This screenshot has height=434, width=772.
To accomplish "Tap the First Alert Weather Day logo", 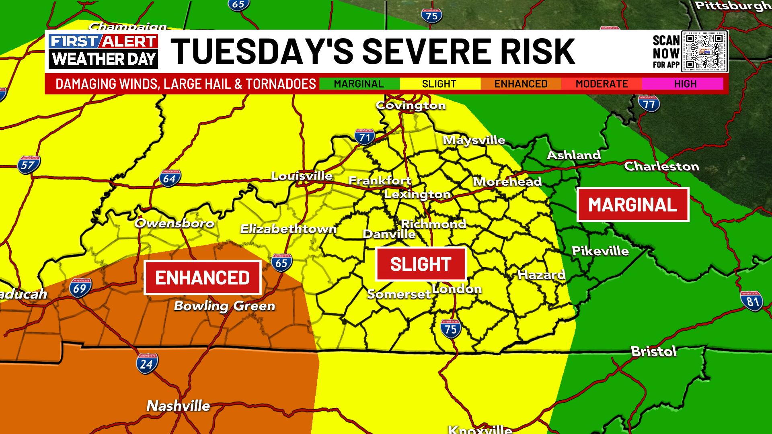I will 103,51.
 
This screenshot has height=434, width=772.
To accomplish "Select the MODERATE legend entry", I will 602,84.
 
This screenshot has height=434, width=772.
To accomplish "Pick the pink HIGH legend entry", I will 685,84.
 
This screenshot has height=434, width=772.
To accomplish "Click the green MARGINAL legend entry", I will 359,84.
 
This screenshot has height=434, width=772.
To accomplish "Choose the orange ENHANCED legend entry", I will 521,84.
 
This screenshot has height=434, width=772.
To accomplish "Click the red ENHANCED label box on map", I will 203,278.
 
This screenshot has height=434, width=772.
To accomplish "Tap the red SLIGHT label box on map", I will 421,264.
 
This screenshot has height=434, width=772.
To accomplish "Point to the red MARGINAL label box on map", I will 632,205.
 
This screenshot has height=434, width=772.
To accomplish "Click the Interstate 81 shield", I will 751,301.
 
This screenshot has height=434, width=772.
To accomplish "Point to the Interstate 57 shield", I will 29,165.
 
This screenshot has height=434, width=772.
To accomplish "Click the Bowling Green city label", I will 224,306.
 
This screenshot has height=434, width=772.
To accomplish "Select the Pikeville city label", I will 600,251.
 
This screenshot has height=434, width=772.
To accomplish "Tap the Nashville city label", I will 178,405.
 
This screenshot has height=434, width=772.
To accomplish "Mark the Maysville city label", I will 474,140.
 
